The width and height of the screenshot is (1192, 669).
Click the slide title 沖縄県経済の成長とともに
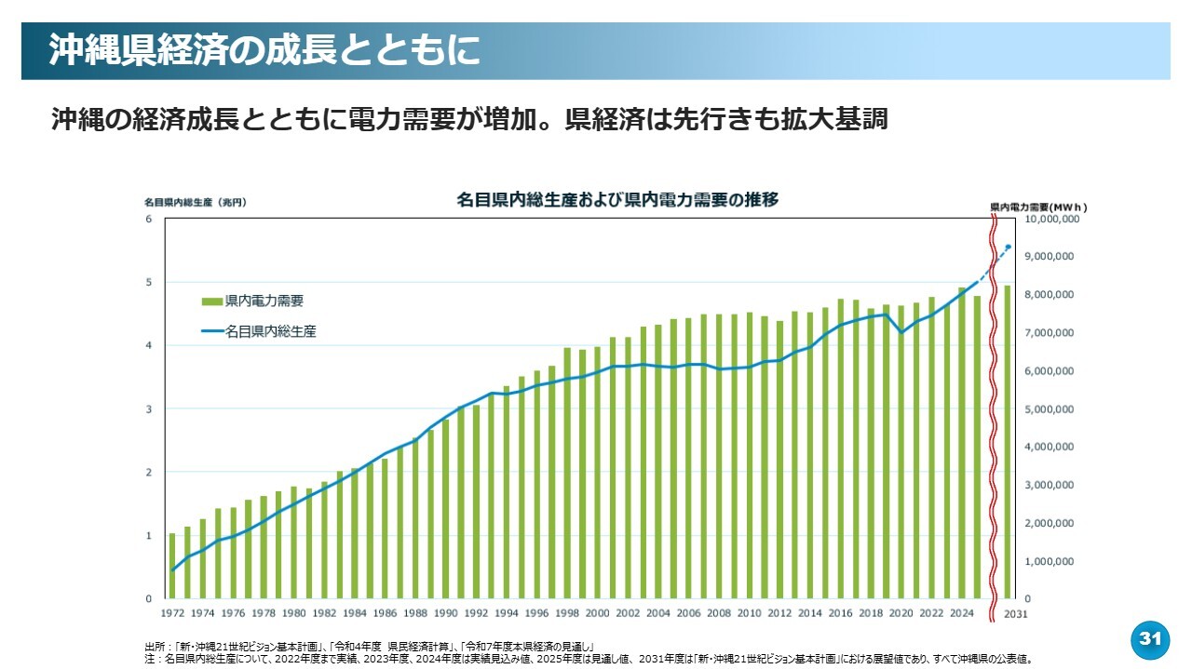pyautogui.click(x=264, y=50)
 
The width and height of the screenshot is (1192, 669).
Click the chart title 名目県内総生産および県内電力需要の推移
pyautogui.click(x=617, y=199)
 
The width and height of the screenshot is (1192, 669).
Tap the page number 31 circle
pyautogui.click(x=1150, y=639)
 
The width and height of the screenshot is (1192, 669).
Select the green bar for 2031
pyautogui.click(x=1008, y=442)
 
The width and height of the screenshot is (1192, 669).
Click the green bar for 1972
pyautogui.click(x=172, y=566)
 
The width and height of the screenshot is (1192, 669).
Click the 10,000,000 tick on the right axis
pyautogui.click(x=1051, y=219)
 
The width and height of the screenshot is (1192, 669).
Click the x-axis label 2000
pyautogui.click(x=597, y=613)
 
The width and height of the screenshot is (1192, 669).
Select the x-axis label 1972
pyautogui.click(x=172, y=613)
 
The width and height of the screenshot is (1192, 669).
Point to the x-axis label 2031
pyautogui.click(x=1014, y=613)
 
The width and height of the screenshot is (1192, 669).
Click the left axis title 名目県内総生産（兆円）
pyautogui.click(x=195, y=202)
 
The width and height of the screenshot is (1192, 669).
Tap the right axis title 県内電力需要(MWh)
pyautogui.click(x=1037, y=207)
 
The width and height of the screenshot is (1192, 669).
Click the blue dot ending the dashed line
pyautogui.click(x=1009, y=247)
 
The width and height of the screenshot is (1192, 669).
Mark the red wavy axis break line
pyautogui.click(x=993, y=409)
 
